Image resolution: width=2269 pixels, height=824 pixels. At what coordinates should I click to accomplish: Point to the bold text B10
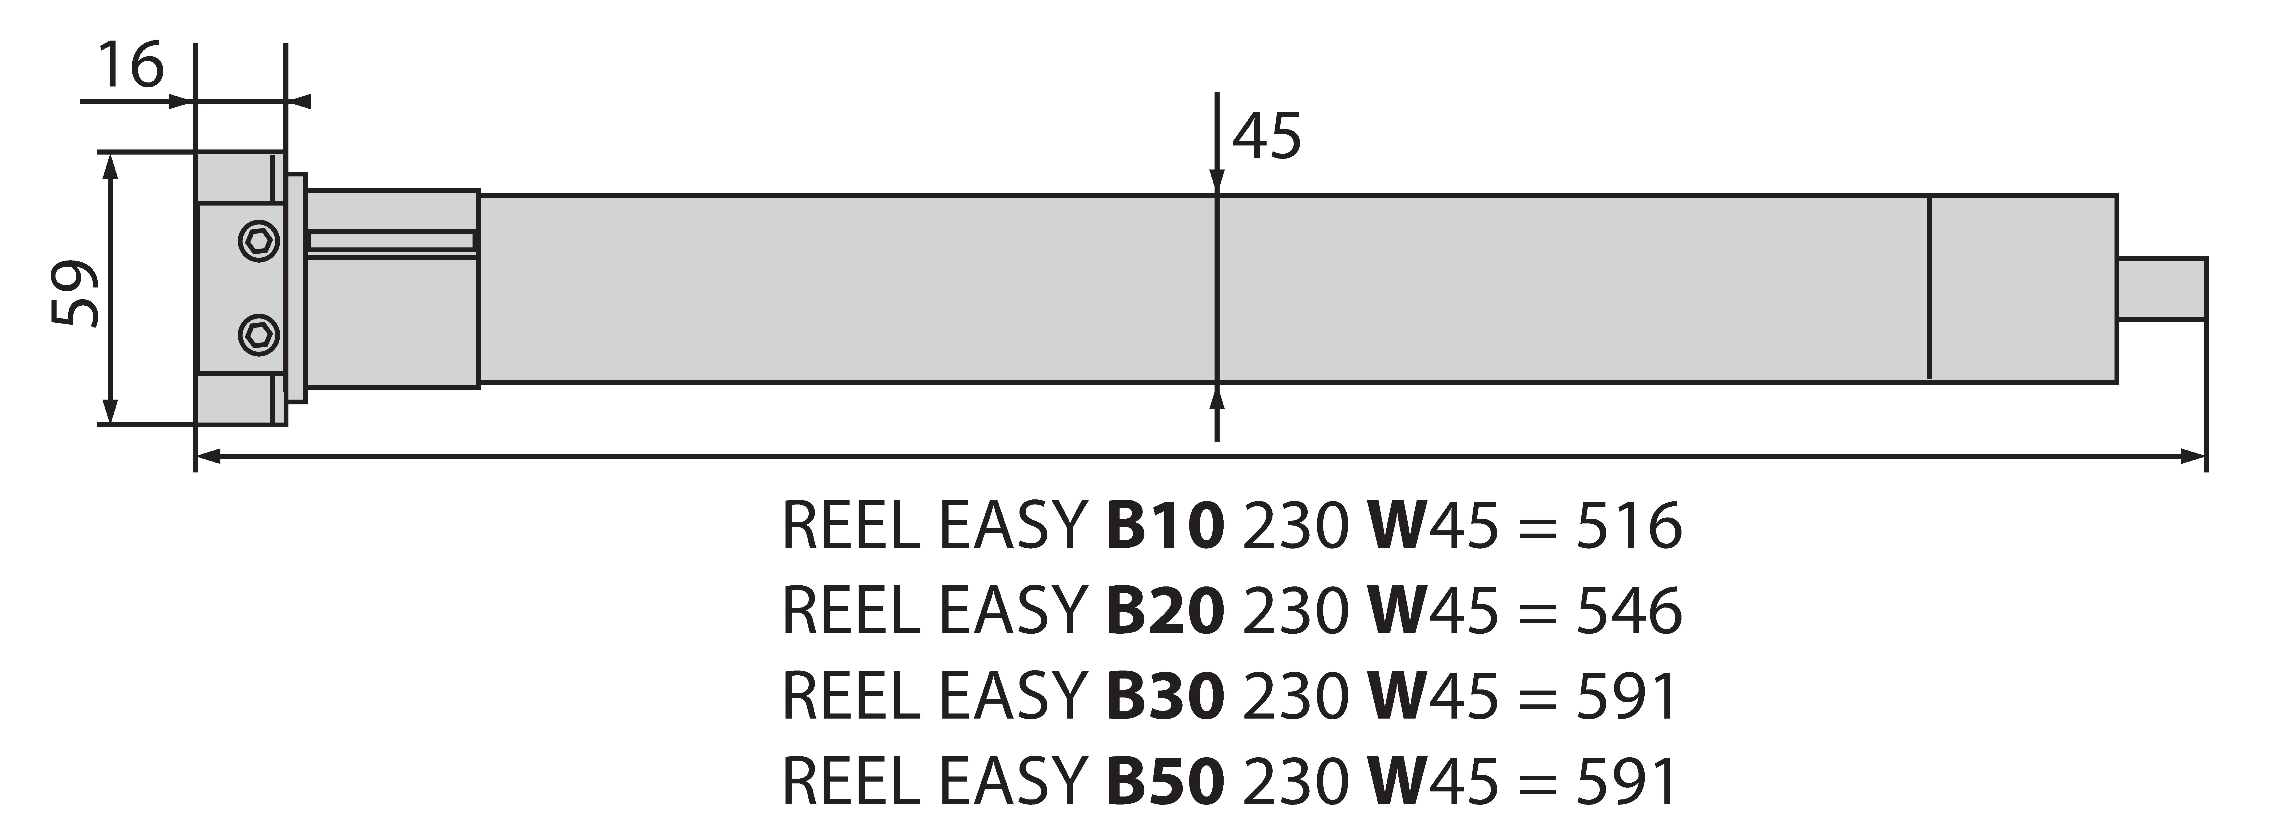coord(1164,526)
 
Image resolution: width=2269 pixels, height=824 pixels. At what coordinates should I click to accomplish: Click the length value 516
coord(1629,526)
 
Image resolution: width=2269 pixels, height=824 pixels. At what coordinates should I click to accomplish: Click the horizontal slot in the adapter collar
coord(392,240)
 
